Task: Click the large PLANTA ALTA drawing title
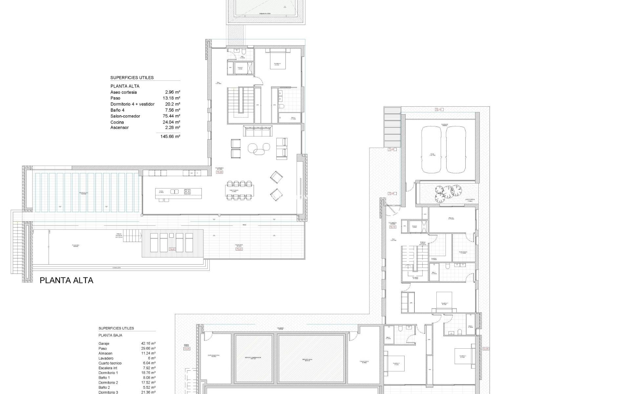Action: [x=66, y=280]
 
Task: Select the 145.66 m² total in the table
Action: [x=170, y=136]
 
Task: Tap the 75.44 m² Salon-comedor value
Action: [x=172, y=116]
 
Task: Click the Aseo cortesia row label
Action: [x=123, y=92]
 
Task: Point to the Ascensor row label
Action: [x=119, y=127]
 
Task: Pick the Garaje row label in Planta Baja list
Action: [x=104, y=343]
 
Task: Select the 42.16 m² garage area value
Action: [x=148, y=343]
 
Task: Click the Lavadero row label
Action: [x=106, y=358]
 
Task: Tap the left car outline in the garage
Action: [x=432, y=150]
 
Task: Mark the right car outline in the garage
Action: [x=456, y=150]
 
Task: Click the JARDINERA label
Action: [x=469, y=199]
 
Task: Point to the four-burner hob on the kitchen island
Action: [x=187, y=191]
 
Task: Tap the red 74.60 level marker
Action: [x=172, y=249]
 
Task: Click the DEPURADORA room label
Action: [x=214, y=355]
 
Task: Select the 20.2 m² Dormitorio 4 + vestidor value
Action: [x=172, y=104]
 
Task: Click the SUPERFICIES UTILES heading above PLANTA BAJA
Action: [x=116, y=328]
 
